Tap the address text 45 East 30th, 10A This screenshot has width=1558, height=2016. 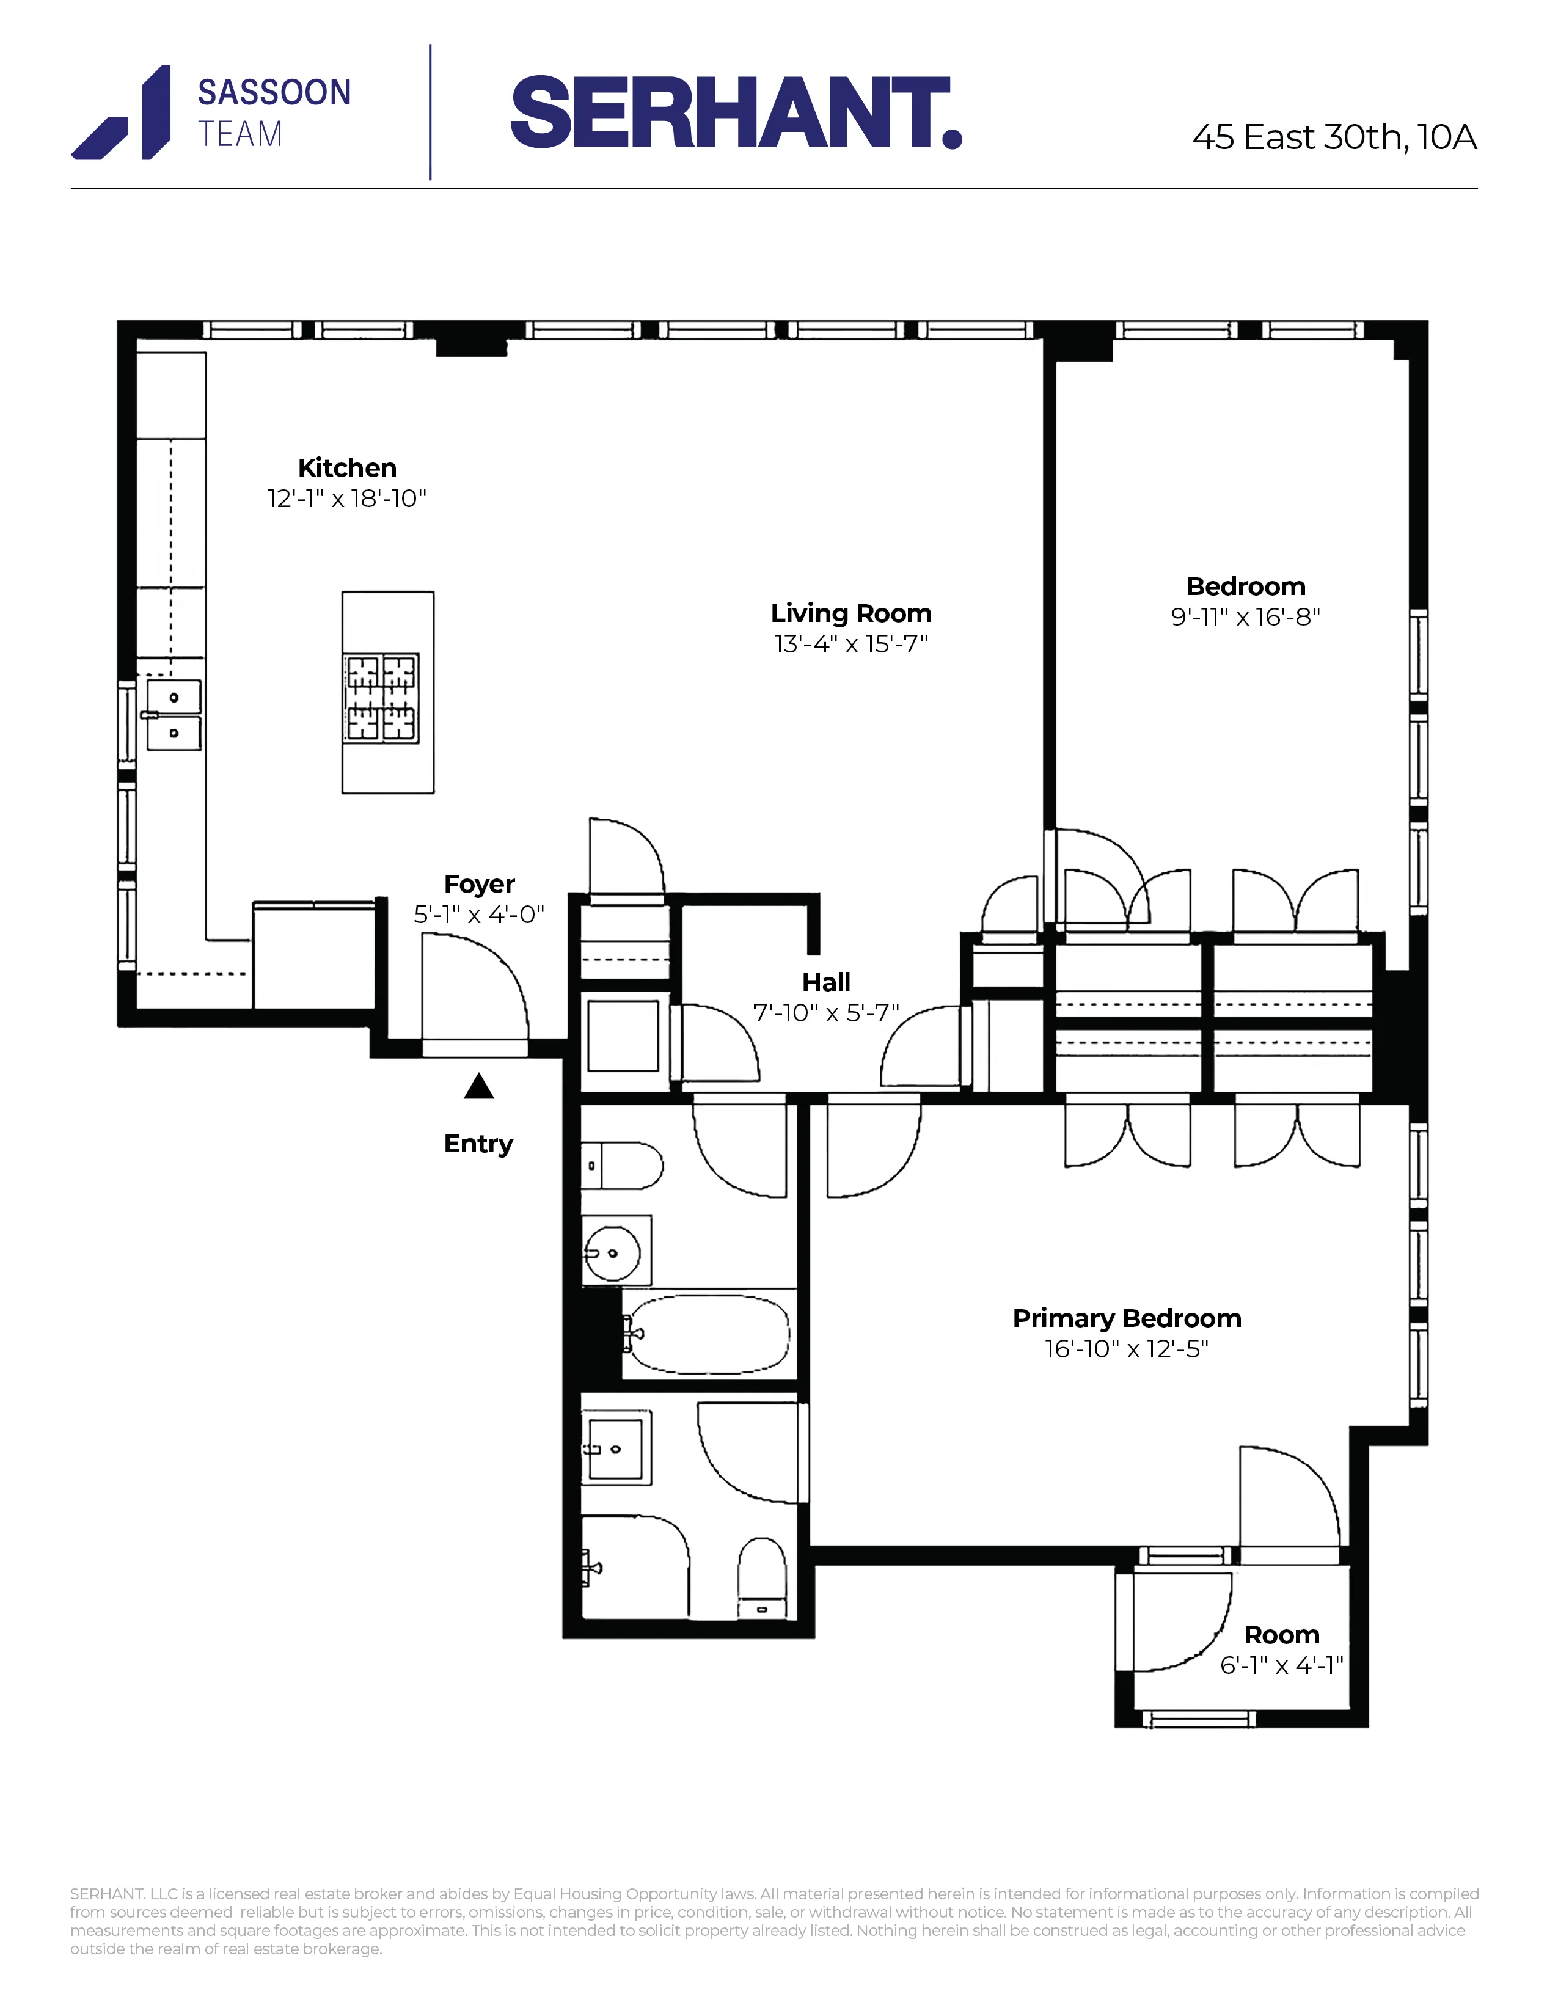coord(1334,137)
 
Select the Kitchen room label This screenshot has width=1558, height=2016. coord(347,468)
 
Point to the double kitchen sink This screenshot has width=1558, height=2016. coord(174,715)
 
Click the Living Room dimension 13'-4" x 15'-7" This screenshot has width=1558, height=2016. coord(850,645)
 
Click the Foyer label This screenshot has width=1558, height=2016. coord(479,885)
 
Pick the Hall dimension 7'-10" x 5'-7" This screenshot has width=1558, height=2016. coord(825,1013)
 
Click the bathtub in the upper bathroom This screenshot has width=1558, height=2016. coord(707,1335)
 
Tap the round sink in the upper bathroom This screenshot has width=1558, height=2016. coord(613,1252)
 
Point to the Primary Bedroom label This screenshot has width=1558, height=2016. coord(1126,1318)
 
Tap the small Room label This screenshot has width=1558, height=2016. coord(1281,1635)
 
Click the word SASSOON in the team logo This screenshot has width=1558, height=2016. coord(274,93)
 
